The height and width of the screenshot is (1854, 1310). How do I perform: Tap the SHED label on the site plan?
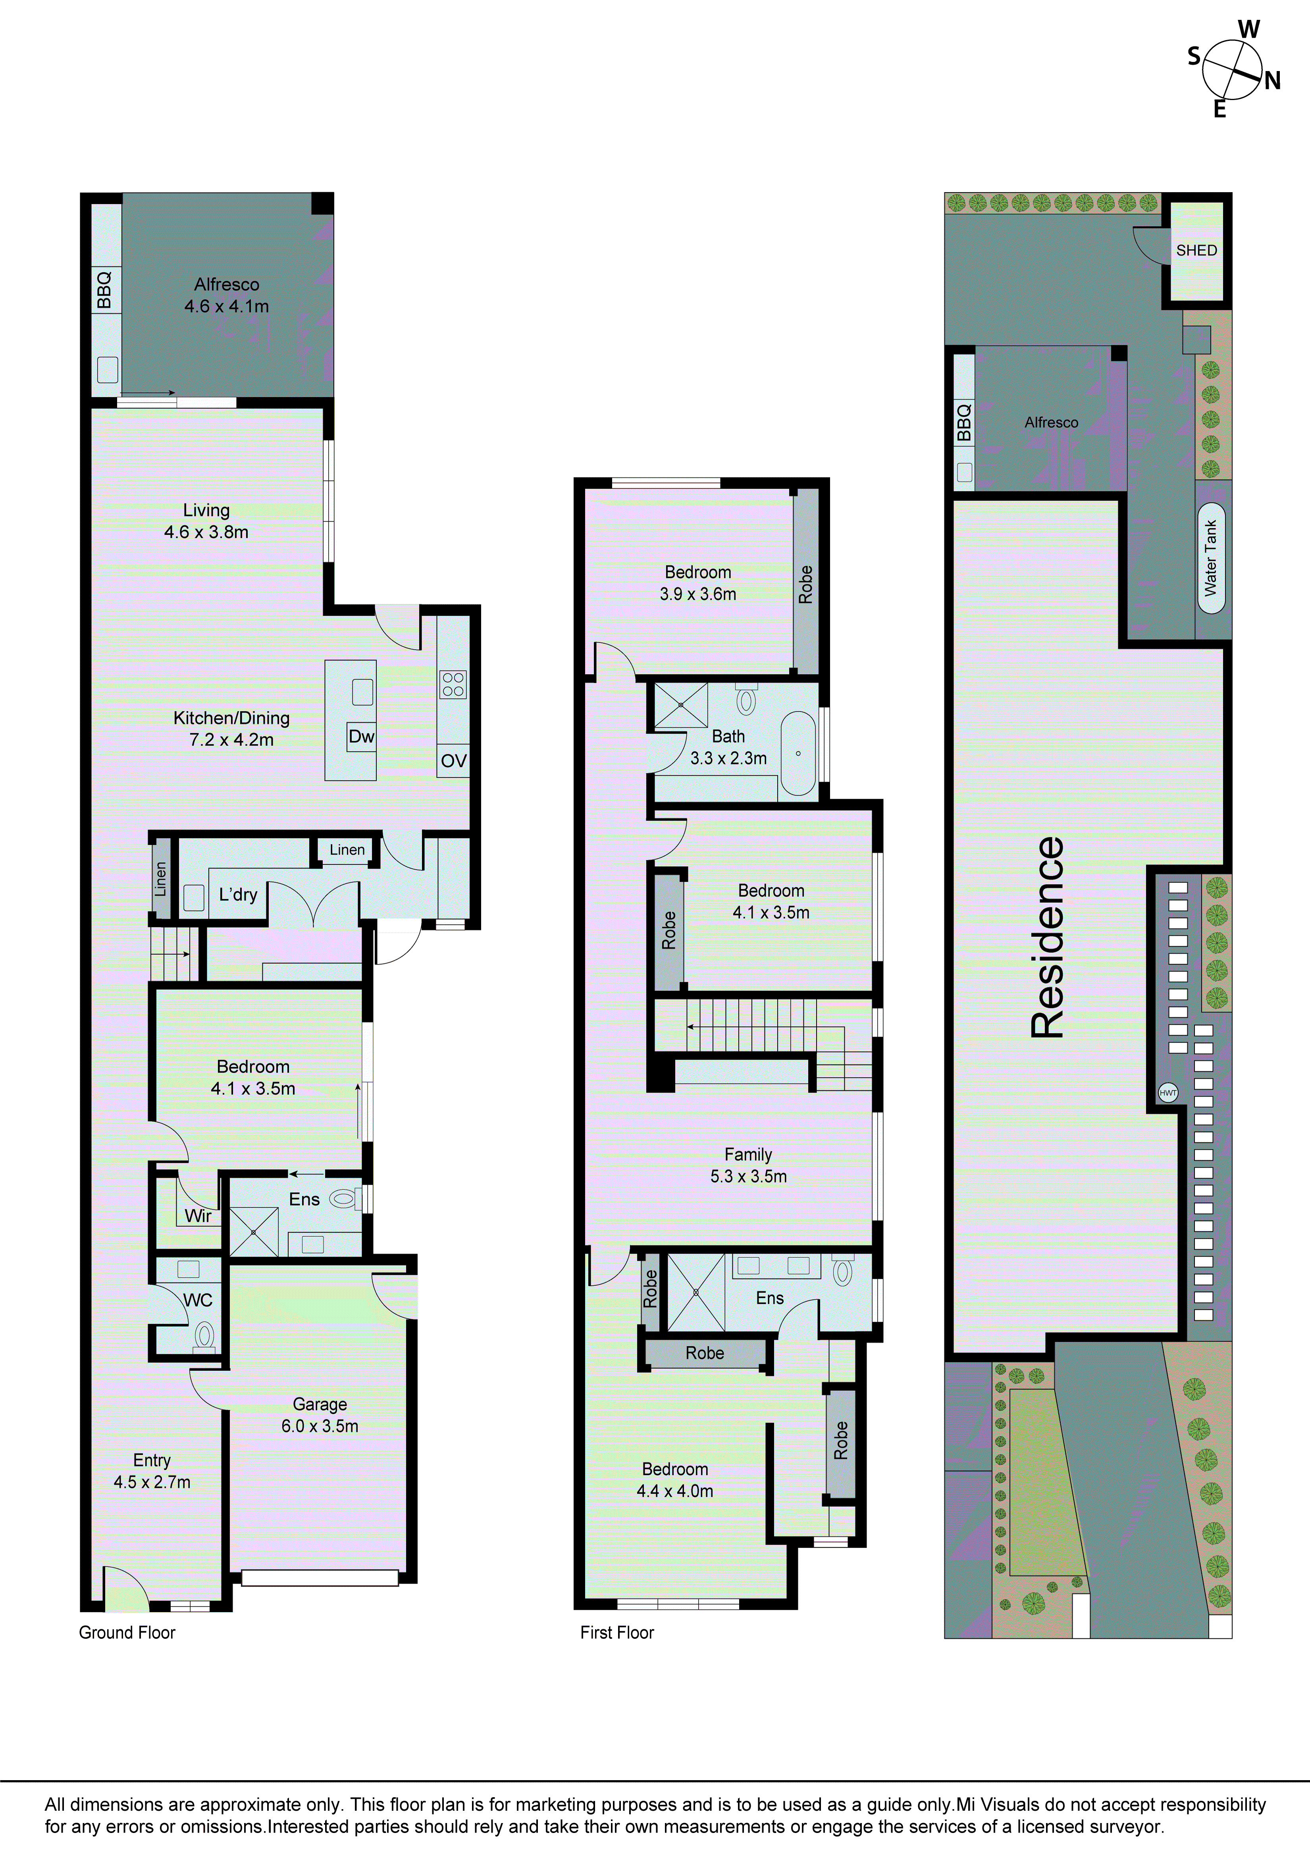[x=1196, y=251]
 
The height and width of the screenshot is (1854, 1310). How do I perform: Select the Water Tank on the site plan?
[x=1211, y=557]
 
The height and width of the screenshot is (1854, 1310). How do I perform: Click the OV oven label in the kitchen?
[x=453, y=761]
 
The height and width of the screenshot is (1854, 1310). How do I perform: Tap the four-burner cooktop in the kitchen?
[x=453, y=684]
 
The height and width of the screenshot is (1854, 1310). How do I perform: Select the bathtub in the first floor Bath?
[x=798, y=754]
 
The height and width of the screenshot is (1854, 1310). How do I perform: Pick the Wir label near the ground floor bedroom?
[x=198, y=1216]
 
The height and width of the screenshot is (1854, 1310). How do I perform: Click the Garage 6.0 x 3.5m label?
[x=320, y=1415]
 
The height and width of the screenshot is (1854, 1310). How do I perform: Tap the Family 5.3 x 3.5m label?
[x=748, y=1165]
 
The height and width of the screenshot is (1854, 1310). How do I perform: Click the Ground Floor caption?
[x=127, y=1632]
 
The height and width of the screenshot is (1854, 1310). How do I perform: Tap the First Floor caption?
[x=617, y=1632]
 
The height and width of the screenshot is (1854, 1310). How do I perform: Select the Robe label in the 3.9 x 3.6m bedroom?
[x=805, y=584]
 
